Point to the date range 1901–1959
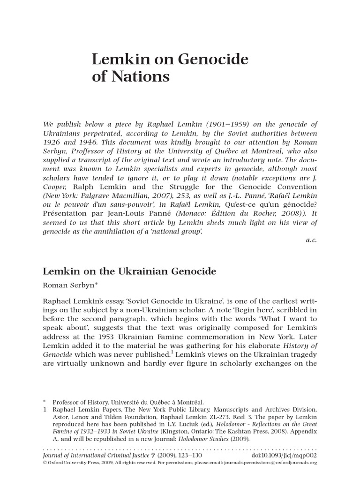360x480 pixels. click(x=234, y=124)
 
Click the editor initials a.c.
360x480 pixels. click(x=311, y=240)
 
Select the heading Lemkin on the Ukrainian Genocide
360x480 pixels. click(x=129, y=271)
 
